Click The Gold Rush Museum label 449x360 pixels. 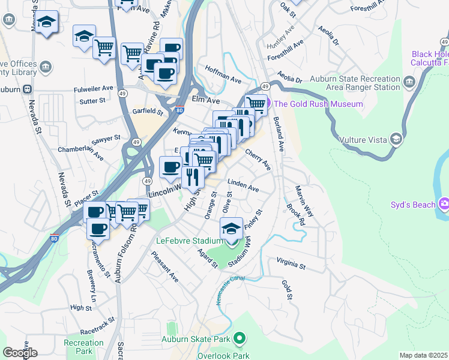318,104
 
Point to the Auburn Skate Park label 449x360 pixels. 196,339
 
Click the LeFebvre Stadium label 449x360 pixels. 190,241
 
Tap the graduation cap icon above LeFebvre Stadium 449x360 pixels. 232,229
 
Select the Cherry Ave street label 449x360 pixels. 258,160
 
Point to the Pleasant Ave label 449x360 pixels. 165,267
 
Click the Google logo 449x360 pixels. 20,353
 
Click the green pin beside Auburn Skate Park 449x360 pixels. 240,338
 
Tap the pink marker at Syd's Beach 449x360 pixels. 444,204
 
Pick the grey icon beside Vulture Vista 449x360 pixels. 396,140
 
